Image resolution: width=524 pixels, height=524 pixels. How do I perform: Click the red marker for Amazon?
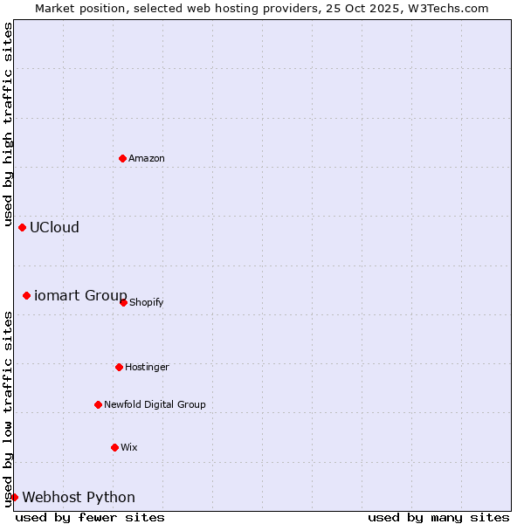[x=122, y=158]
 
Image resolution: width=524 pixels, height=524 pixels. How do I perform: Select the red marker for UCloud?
[x=22, y=227]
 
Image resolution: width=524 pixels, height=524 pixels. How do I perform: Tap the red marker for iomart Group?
[x=26, y=295]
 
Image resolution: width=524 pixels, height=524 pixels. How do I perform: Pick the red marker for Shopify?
[x=123, y=302]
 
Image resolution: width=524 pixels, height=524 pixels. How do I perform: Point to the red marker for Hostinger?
[x=119, y=367]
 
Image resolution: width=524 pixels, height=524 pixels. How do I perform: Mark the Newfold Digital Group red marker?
[x=98, y=404]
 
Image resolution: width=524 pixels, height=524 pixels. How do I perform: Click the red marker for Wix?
[x=114, y=447]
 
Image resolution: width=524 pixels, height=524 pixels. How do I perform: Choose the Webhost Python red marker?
[x=14, y=497]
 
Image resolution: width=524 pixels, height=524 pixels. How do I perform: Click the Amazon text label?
[x=147, y=158]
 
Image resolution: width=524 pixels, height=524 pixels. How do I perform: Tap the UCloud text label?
[x=54, y=227]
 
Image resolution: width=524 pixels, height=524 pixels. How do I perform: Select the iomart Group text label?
[x=80, y=295]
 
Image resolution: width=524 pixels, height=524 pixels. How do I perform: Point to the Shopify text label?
[x=146, y=302]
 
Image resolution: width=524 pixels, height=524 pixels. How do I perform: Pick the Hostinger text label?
[x=147, y=367]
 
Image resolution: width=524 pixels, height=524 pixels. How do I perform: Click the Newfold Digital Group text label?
[x=155, y=404]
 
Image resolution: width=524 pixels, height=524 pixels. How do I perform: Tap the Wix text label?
[x=129, y=447]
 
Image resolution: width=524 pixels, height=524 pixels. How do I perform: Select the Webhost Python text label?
[x=79, y=497]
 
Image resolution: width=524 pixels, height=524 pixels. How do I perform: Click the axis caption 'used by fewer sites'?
[x=90, y=517]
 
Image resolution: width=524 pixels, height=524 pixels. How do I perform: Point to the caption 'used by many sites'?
[x=438, y=517]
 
